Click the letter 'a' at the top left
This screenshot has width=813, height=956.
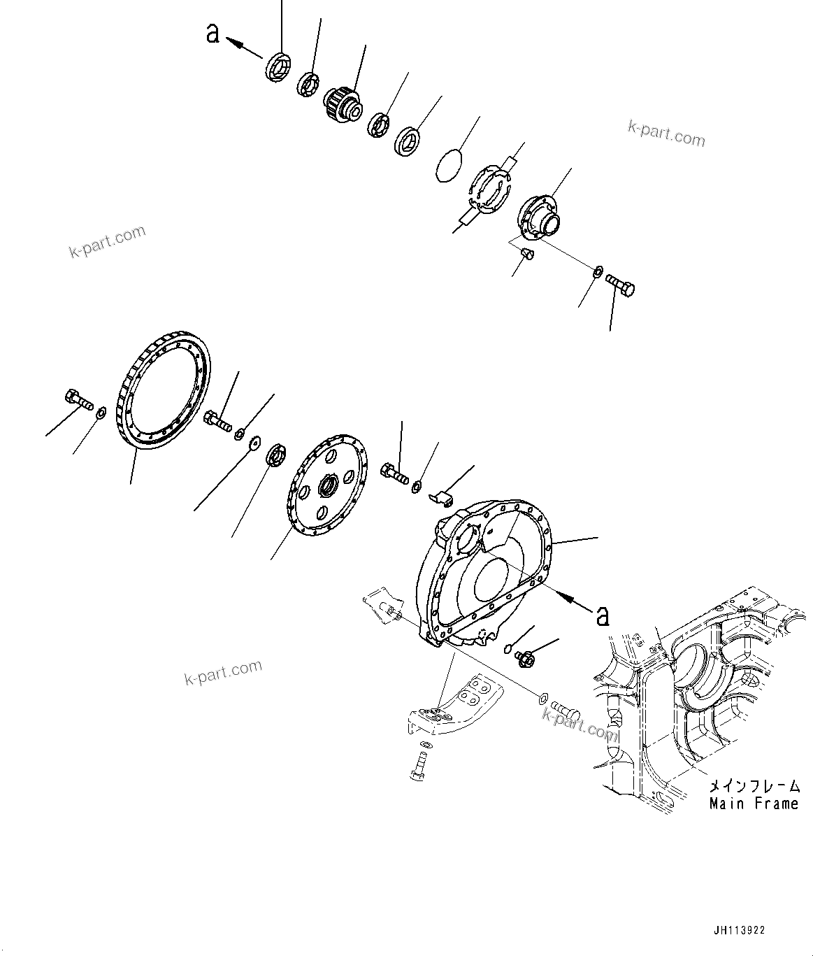(x=213, y=33)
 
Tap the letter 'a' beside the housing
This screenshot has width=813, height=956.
(x=602, y=615)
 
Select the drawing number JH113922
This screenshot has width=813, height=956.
(x=739, y=930)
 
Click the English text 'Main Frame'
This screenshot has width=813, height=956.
(x=754, y=804)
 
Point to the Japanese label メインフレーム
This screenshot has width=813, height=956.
(x=754, y=785)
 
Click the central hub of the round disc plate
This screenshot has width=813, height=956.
(x=328, y=484)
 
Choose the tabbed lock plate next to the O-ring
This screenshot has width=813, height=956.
(x=489, y=187)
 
